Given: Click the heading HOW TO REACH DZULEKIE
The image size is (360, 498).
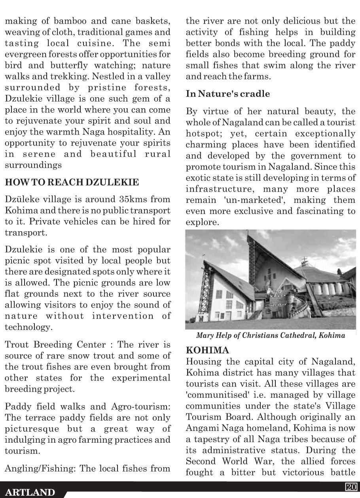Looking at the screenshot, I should click(x=72, y=182).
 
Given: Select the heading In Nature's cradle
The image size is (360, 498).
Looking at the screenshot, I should click(x=228, y=94).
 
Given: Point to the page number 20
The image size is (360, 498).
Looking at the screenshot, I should click(x=351, y=487).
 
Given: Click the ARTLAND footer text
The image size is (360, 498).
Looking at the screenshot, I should click(x=30, y=492).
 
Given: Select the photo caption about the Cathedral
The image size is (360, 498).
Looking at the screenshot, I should click(x=271, y=336).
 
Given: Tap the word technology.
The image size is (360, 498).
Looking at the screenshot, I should click(x=28, y=327).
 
